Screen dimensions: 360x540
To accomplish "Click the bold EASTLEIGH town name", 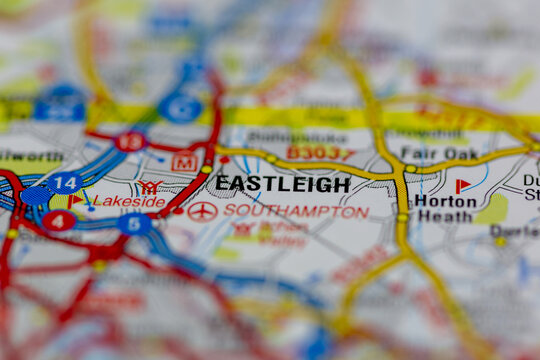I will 283,184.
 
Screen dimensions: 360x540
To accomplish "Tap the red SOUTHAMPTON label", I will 296,212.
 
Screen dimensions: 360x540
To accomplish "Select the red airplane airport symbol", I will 202,210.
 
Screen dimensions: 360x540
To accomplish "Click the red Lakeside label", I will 129,201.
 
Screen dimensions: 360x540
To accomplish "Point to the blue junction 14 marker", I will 64,183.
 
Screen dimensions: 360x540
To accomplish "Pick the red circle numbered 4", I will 58,221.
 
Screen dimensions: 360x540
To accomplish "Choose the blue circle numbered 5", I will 134,223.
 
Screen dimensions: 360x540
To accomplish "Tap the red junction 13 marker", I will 129,141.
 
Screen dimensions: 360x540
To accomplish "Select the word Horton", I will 445,200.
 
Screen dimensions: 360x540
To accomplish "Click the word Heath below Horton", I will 444,217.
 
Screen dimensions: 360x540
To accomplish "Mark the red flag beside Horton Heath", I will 463,186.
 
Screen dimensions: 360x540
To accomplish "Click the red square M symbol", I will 184,160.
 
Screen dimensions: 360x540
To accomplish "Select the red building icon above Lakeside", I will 150,186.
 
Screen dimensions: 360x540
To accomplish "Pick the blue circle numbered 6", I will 180,108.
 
